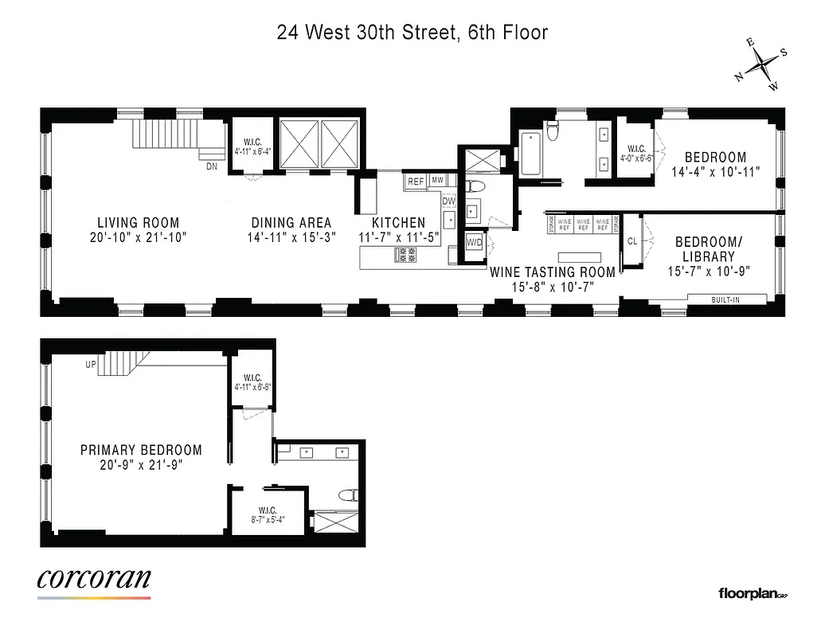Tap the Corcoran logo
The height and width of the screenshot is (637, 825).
pos(94,580)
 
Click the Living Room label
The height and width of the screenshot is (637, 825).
pos(139,223)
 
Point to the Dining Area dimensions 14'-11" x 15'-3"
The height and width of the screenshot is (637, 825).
pos(291,237)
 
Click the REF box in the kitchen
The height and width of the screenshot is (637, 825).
pos(416,182)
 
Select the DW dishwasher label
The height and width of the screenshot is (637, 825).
pos(449,201)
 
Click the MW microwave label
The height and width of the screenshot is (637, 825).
pos(437,182)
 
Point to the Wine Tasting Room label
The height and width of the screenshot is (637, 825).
pos(553,272)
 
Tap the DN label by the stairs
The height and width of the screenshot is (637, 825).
pos(211,166)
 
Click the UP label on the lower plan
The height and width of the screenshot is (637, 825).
pos(91,365)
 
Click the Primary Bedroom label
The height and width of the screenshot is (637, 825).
pos(141,451)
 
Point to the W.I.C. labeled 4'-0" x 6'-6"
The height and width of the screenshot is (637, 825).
pos(636,153)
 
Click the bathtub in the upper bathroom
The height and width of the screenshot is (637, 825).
pos(530,155)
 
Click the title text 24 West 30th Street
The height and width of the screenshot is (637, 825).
pos(412,33)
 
